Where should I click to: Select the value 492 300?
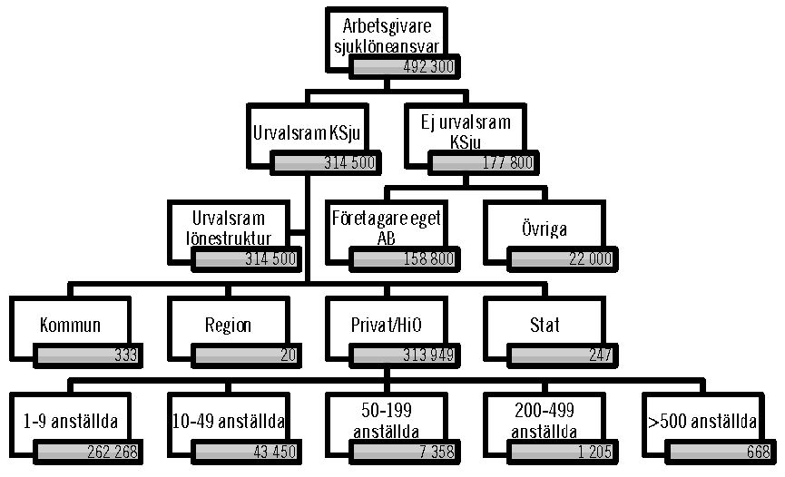[x=429, y=67]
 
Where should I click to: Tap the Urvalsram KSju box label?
[x=307, y=131]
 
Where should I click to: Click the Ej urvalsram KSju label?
[x=466, y=131]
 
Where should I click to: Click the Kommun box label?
[x=70, y=325]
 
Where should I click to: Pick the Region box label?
[x=228, y=325]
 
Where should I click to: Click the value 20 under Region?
[x=288, y=355]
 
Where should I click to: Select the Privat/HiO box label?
[x=386, y=325]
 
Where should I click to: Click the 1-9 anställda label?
[x=70, y=422]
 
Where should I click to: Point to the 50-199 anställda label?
[x=386, y=422]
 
